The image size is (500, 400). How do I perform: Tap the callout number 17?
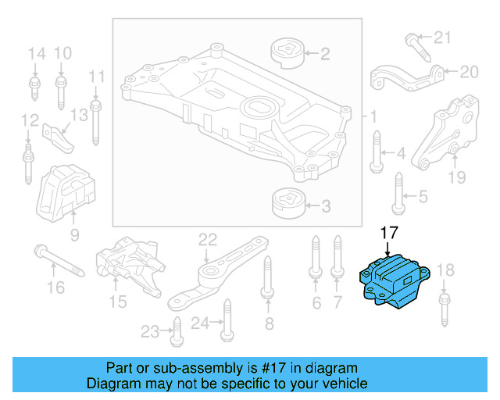point(388,233)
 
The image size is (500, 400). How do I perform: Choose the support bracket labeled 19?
point(445,133)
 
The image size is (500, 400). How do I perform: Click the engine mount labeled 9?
point(66,192)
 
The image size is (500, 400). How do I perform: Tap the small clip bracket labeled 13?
point(59,134)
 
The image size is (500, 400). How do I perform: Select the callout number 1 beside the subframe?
point(373,116)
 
